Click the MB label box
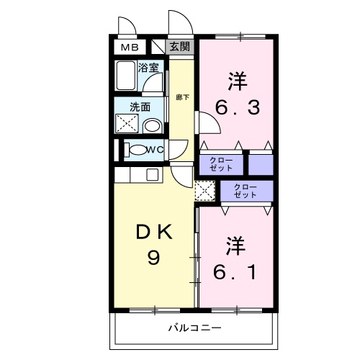click(x=128, y=48)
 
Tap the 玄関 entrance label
click(x=180, y=48)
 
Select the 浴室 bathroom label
click(x=148, y=67)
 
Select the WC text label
click(x=154, y=150)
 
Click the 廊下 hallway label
click(x=183, y=96)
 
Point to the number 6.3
click(x=237, y=109)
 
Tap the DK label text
click(x=153, y=233)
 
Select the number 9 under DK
click(x=153, y=257)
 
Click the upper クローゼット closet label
click(x=221, y=164)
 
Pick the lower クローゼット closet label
click(x=245, y=191)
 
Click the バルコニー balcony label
click(x=194, y=328)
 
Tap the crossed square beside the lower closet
click(x=204, y=191)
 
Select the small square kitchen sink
click(x=153, y=174)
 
